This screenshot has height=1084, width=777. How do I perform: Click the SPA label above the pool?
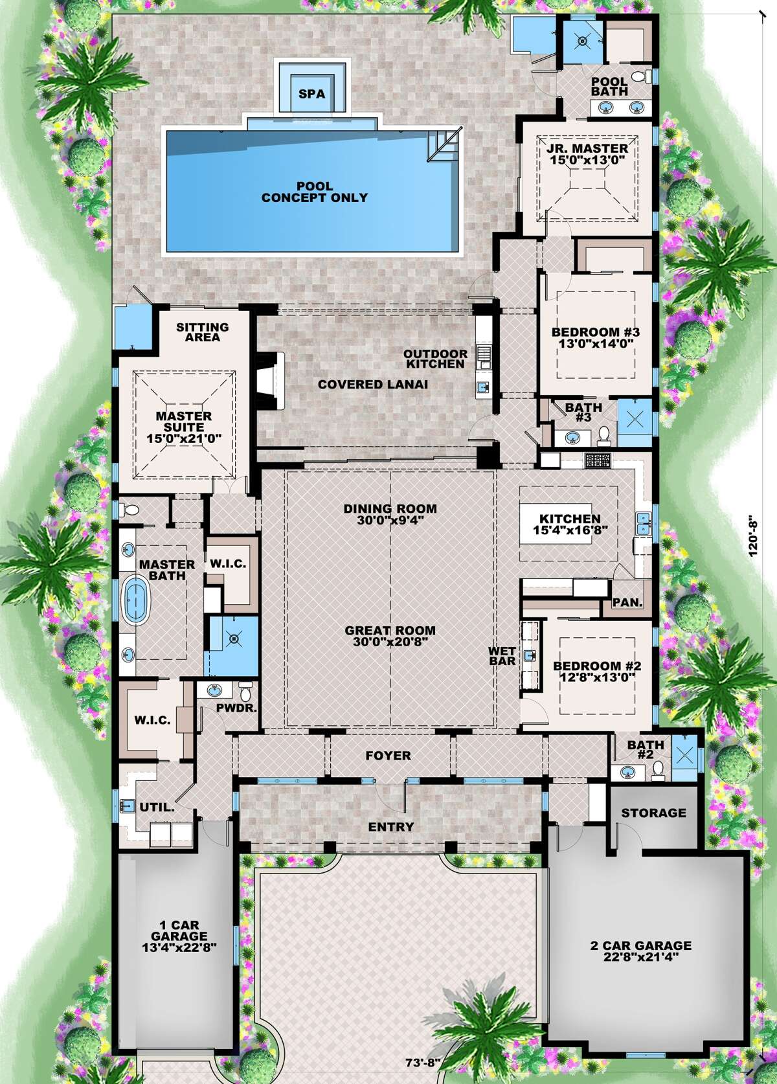point(311,94)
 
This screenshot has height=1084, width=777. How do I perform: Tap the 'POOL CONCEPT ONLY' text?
point(314,192)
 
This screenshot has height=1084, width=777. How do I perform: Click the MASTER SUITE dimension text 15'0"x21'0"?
point(184,438)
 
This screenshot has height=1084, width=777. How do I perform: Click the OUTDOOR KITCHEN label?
point(434,359)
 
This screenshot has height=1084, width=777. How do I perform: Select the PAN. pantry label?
point(627,602)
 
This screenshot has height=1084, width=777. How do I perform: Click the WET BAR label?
point(503,656)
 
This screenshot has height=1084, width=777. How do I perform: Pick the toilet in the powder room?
point(245,688)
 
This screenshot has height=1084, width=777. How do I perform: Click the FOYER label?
point(388,756)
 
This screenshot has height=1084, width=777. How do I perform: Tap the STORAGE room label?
point(653,812)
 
